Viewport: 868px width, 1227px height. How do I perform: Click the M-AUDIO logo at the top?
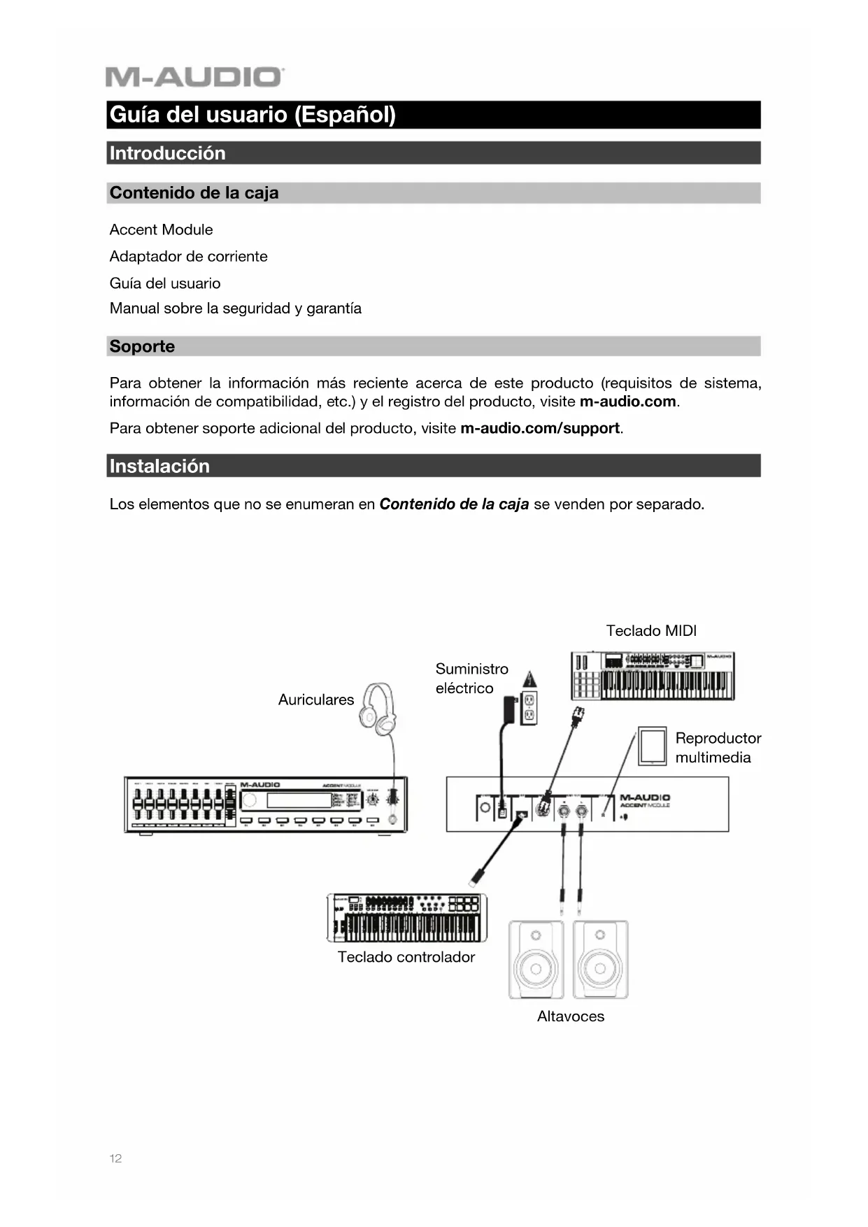pyautogui.click(x=194, y=77)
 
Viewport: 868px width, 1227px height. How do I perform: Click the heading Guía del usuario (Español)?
pyautogui.click(x=252, y=115)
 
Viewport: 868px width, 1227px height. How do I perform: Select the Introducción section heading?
pyautogui.click(x=167, y=153)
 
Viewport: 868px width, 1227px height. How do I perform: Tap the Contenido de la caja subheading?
pyautogui.click(x=194, y=193)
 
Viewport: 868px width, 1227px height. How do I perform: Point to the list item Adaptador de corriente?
pyautogui.click(x=188, y=257)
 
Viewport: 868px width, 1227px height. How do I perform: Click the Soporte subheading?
pyautogui.click(x=142, y=346)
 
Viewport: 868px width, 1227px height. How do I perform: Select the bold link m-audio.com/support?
pyautogui.click(x=539, y=428)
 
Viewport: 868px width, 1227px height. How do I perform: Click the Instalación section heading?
pyautogui.click(x=159, y=466)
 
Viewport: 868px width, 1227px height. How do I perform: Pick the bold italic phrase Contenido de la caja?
pyautogui.click(x=454, y=504)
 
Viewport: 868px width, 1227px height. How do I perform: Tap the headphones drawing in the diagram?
pyautogui.click(x=378, y=710)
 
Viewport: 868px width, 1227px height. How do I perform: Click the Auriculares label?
pyautogui.click(x=316, y=700)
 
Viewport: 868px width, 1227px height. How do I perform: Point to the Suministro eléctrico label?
pyautogui.click(x=471, y=679)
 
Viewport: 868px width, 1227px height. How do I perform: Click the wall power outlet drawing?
pyautogui.click(x=529, y=708)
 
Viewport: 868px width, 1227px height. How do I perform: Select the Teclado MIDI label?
pyautogui.click(x=651, y=631)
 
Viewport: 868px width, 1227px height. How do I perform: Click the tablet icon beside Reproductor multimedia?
pyautogui.click(x=652, y=746)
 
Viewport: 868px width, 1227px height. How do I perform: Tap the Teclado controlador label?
pyautogui.click(x=406, y=957)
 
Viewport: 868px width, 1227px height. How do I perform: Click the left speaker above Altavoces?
pyautogui.click(x=536, y=960)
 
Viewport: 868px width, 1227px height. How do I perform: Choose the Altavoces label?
pyautogui.click(x=570, y=1016)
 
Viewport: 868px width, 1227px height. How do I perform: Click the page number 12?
pyautogui.click(x=115, y=1158)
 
